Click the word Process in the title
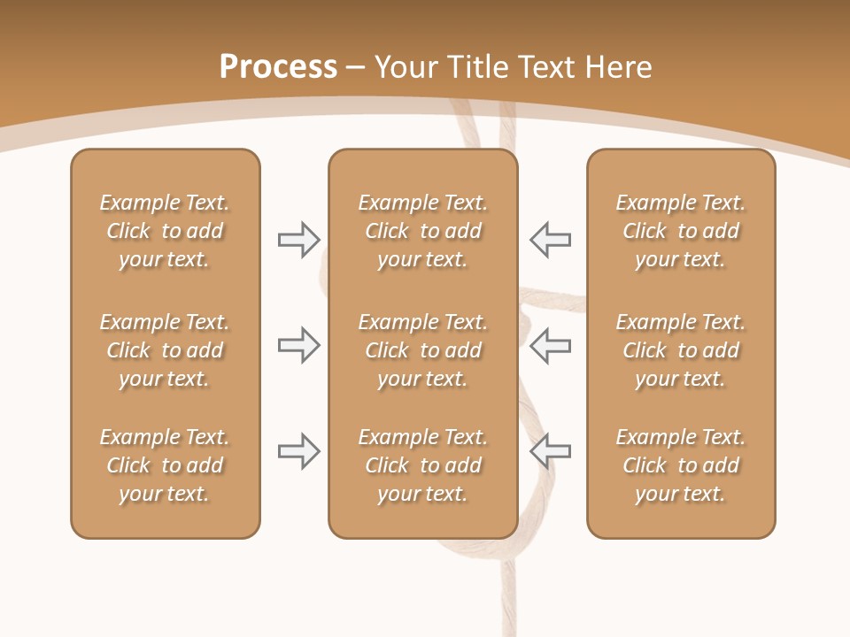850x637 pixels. (x=278, y=67)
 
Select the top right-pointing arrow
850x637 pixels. (x=298, y=240)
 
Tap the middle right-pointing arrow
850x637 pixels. (x=298, y=345)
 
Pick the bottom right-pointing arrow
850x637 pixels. (x=298, y=451)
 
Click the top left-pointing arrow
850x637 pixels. (x=550, y=240)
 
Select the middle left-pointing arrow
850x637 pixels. (x=550, y=345)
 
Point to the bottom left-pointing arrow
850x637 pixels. (x=550, y=451)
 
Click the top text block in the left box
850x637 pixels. (x=165, y=231)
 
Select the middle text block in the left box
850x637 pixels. (x=165, y=350)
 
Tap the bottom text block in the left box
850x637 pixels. (x=165, y=465)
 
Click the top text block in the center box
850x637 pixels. (x=422, y=231)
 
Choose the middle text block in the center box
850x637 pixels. (x=422, y=350)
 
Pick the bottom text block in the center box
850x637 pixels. (x=422, y=465)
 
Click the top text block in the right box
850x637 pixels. (x=680, y=231)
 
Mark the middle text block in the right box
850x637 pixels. (x=680, y=350)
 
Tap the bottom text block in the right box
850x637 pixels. (x=680, y=465)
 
